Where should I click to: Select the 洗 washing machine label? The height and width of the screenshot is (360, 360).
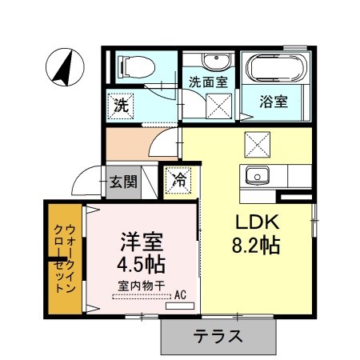120,104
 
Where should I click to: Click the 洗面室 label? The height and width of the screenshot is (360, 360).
206,81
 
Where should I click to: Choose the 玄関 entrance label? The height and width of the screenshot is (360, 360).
123,181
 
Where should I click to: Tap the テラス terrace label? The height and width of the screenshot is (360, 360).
217,336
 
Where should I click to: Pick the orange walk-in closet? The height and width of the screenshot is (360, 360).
63,259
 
